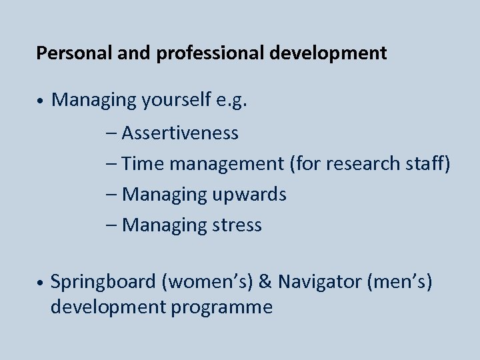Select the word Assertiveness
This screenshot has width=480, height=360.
click(x=180, y=133)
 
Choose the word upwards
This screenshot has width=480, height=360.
click(x=249, y=195)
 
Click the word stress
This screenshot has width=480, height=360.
click(x=237, y=225)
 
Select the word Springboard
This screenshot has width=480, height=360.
click(x=103, y=282)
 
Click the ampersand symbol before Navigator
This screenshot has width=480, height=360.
click(x=264, y=282)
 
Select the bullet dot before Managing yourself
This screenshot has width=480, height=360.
click(x=41, y=101)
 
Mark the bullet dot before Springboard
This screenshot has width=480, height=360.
click(x=41, y=283)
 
